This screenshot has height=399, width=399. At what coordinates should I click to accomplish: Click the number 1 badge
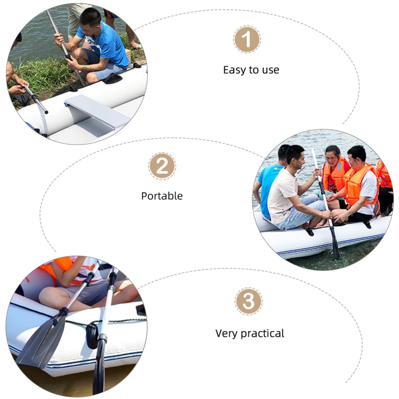(247, 39)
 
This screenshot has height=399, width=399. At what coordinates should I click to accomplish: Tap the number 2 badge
(162, 166)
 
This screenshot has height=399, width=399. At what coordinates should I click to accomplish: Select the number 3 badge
(249, 301)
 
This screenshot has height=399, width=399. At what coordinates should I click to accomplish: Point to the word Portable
(162, 196)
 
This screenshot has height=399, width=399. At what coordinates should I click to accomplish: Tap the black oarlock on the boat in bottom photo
(92, 337)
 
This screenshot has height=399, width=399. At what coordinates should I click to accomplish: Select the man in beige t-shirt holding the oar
(294, 188)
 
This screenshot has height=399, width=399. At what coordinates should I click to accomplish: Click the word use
(271, 70)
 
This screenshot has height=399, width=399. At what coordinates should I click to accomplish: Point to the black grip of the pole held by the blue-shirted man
(68, 57)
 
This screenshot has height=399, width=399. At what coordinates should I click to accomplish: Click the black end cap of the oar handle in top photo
(46, 112)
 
